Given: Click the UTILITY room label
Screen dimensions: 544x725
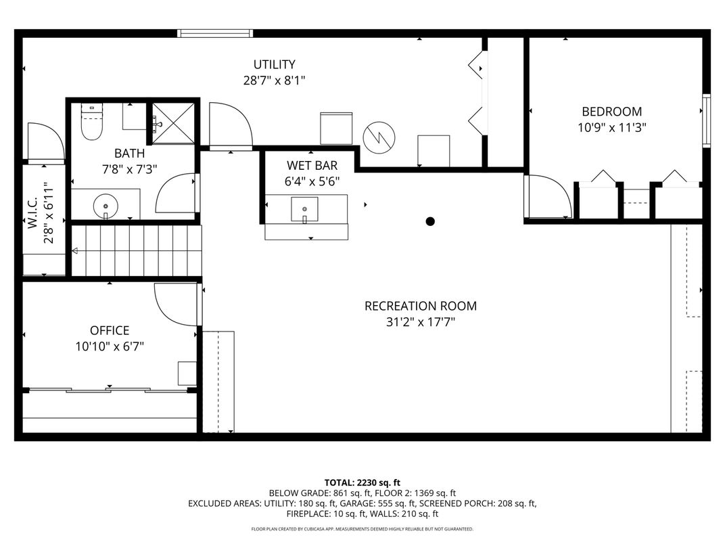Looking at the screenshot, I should [274, 65].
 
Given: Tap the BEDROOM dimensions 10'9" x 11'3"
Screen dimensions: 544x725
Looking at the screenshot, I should [612, 127].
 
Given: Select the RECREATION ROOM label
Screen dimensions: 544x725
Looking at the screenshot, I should [420, 306].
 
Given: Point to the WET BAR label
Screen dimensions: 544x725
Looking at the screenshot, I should [312, 166].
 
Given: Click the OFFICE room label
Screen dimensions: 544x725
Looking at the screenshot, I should [110, 330].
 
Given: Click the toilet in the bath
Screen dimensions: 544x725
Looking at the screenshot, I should [91, 122].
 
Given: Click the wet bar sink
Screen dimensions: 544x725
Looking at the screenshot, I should [304, 209].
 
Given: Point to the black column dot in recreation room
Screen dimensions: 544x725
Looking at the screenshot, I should [429, 221].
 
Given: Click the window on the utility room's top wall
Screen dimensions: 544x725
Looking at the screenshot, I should [215, 32].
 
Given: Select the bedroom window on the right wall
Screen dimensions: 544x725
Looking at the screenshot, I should [706, 120].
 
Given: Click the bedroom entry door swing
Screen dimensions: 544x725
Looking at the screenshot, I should [548, 197].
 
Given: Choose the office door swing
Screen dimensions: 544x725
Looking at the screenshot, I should [177, 304].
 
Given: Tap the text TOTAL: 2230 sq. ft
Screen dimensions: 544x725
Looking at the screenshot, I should [362, 482].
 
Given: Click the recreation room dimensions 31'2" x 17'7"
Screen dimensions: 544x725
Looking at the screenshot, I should [420, 322].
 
